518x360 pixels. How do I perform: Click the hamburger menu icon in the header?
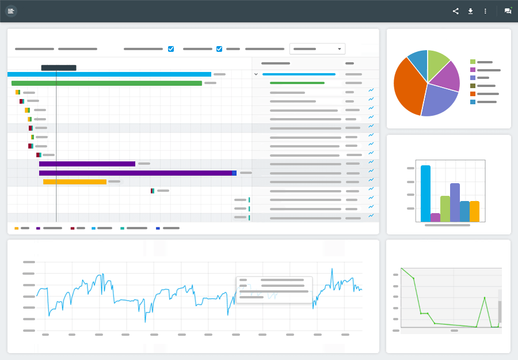(11, 11)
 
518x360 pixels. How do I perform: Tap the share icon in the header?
(455, 11)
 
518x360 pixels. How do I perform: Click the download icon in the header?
(470, 11)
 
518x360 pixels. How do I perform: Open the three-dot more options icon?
(485, 11)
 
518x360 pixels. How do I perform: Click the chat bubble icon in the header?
(508, 11)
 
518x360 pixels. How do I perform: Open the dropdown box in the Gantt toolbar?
(317, 49)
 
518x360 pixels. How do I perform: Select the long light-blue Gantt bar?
(109, 74)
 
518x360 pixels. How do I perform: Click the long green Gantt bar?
(106, 83)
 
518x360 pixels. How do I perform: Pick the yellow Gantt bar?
(75, 182)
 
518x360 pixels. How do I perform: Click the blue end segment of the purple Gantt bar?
(234, 173)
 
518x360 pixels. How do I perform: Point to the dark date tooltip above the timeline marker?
(59, 68)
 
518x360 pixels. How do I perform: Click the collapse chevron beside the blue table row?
(256, 74)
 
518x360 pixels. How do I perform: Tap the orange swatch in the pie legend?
(473, 94)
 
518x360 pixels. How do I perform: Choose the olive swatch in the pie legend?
(473, 86)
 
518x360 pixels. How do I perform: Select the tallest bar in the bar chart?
(425, 194)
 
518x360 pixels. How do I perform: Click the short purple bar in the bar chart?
(435, 218)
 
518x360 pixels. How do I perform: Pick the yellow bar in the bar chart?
(474, 211)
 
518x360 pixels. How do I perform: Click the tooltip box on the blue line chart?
(274, 289)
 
